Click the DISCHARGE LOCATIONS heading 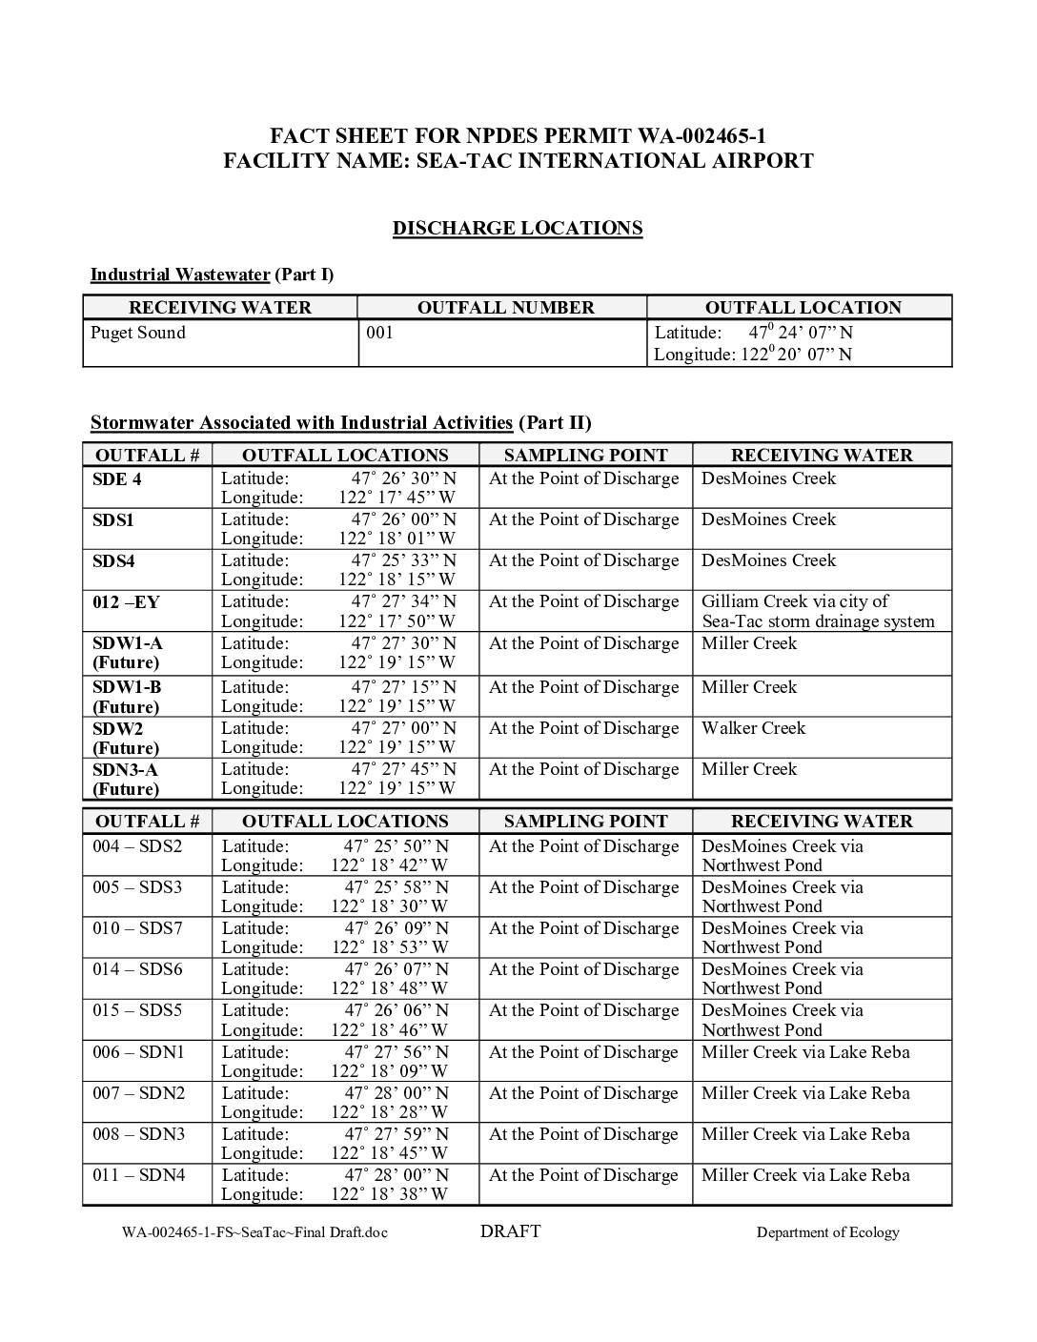518,228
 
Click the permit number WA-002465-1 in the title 694,136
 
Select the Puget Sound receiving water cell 138,333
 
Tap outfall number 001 379,333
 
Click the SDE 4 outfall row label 116,478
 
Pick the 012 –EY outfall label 126,601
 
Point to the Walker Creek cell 753,728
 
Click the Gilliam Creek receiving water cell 817,611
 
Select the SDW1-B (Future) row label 127,697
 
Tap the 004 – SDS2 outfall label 137,846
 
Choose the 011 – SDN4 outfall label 138,1175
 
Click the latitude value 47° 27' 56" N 396,1052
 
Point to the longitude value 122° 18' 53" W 389,947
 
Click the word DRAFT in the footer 510,1231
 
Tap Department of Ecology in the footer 827,1232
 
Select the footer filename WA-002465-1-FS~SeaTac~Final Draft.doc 254,1232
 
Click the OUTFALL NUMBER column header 505,308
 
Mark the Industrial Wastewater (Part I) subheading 212,274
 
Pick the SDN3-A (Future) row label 126,779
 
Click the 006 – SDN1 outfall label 138,1052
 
